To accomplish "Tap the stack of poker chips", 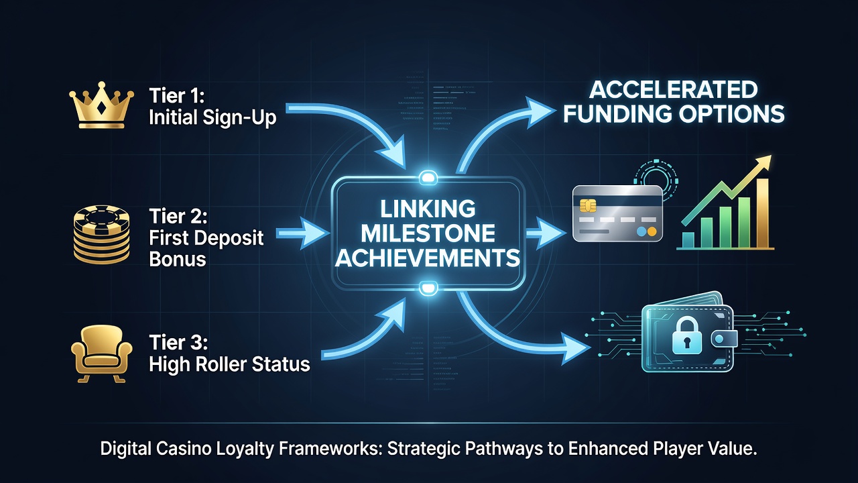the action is (x=101, y=234).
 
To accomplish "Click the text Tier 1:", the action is (x=176, y=95).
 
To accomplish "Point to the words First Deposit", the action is (x=206, y=237).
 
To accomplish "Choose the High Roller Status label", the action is (x=229, y=364).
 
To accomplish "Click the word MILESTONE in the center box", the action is (x=428, y=234).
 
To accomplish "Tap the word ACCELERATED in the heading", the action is (x=674, y=90).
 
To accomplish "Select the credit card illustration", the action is (x=617, y=213).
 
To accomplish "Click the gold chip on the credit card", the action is (x=588, y=205).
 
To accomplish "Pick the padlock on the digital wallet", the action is (x=687, y=336).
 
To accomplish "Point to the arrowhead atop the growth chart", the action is (x=763, y=163).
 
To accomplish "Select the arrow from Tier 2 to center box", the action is (x=302, y=233).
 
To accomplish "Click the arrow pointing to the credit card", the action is (x=546, y=233).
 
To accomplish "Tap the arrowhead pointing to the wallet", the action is (x=576, y=348).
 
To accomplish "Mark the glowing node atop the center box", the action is (x=428, y=178).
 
